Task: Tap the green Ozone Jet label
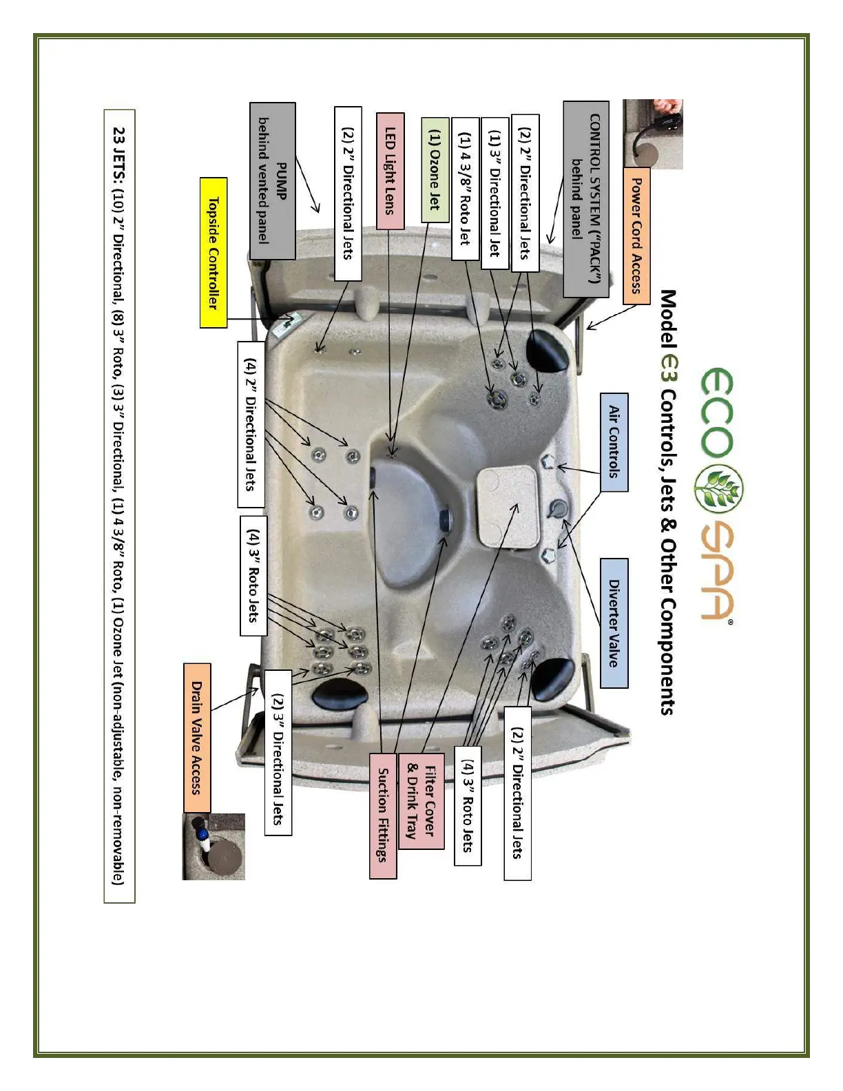(435, 169)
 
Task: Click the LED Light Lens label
(391, 171)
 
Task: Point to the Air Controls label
(614, 441)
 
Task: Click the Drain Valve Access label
(197, 738)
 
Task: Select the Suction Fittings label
(383, 814)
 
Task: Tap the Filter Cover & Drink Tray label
(421, 799)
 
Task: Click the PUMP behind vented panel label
(272, 181)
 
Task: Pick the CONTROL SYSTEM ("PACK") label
(586, 199)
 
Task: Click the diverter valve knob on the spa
(557, 509)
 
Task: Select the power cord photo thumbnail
(652, 134)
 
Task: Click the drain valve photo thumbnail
(214, 846)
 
